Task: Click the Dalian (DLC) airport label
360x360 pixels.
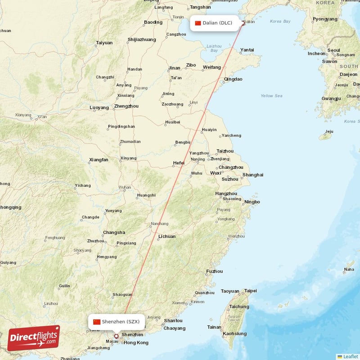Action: [214, 23]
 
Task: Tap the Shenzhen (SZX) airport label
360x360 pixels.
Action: [117, 322]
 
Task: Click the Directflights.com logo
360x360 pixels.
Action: [33, 338]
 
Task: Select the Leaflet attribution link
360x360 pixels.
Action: [351, 356]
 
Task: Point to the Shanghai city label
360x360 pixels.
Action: [253, 175]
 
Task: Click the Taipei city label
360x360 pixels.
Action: [250, 291]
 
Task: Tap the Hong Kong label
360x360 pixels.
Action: [136, 343]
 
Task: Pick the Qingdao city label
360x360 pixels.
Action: [233, 79]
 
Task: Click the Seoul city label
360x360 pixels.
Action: [333, 50]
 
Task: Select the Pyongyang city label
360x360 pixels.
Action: [325, 19]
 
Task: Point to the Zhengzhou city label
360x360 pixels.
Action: [126, 106]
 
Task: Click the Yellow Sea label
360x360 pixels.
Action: [271, 96]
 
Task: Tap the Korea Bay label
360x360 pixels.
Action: [280, 21]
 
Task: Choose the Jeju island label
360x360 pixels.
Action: [329, 131]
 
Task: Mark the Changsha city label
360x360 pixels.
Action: [114, 233]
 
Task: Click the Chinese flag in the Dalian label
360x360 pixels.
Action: [198, 23]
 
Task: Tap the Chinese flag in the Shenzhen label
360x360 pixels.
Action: [97, 322]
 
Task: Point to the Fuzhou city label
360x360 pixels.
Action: [214, 271]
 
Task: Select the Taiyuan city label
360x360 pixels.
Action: [104, 43]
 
